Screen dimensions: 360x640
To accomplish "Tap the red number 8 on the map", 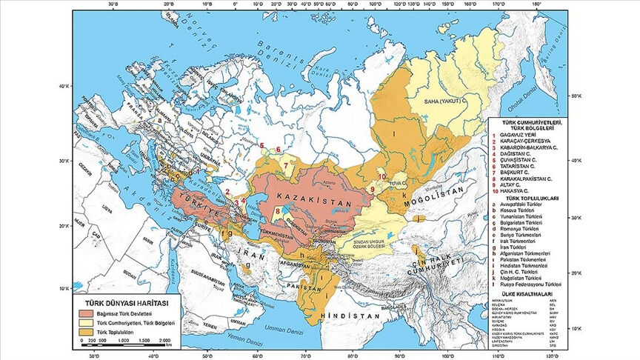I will [x=277, y=211].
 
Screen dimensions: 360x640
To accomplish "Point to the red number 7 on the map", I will [x=286, y=165].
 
